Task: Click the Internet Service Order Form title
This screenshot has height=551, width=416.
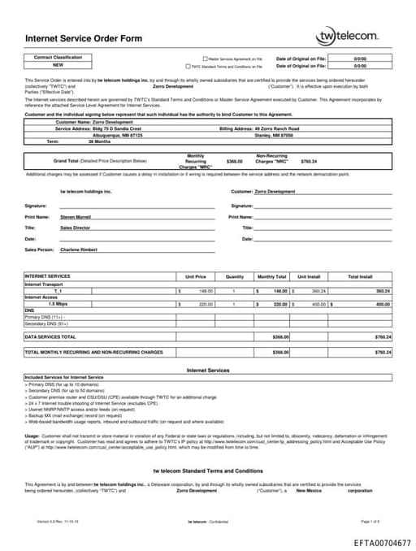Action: coord(73,38)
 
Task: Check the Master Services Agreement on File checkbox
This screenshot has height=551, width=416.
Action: coord(206,59)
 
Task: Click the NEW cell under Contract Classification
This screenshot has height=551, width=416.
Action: coord(58,65)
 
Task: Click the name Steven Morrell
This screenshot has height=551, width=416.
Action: coord(76,217)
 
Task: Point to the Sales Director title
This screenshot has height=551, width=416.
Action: coord(76,228)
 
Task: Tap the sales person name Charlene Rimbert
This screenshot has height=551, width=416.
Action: coord(79,249)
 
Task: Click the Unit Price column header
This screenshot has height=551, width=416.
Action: coord(195,277)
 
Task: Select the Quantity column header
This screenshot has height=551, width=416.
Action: coord(234,277)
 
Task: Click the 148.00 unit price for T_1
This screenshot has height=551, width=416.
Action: coord(206,290)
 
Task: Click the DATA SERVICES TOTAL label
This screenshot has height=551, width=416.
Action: coord(50,336)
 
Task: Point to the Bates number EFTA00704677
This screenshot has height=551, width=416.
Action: coord(382,542)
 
